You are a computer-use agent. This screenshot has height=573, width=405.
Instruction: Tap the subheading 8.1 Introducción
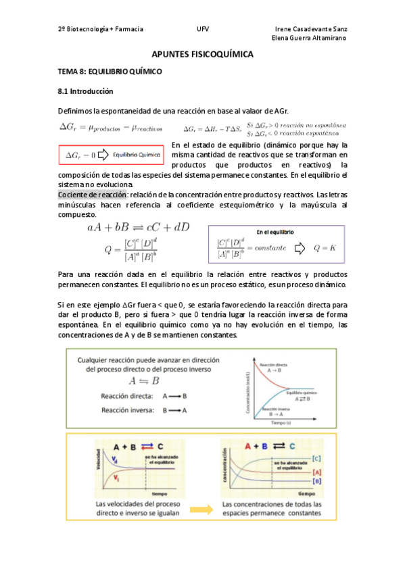click(86, 91)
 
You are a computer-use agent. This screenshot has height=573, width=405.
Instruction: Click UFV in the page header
click(203, 30)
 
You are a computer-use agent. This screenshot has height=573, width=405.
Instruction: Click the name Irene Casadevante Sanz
click(312, 30)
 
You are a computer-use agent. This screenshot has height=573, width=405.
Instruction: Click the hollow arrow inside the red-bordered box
click(103, 155)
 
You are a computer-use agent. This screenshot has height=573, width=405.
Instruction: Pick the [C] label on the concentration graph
click(316, 459)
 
